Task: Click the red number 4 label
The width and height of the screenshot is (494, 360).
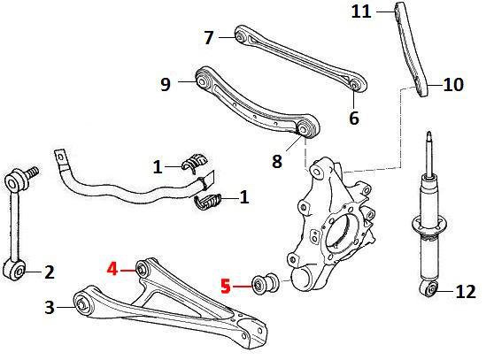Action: click(x=112, y=270)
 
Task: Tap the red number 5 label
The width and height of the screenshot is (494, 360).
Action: click(x=226, y=287)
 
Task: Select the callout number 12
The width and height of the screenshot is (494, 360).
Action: click(x=466, y=291)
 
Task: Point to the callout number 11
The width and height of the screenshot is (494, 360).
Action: click(x=361, y=11)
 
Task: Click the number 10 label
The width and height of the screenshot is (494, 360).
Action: click(x=453, y=84)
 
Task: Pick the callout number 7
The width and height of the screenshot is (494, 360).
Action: click(x=209, y=37)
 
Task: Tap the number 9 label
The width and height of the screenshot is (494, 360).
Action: click(x=166, y=84)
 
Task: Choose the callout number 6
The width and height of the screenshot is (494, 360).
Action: click(x=354, y=118)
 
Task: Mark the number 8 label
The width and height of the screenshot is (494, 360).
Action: click(x=277, y=161)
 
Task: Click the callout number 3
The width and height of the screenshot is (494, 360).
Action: click(x=50, y=307)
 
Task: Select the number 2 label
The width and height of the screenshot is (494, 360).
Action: click(x=50, y=272)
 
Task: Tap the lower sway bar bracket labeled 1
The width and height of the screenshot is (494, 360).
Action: click(x=208, y=202)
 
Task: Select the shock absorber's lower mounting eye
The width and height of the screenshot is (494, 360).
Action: click(x=429, y=288)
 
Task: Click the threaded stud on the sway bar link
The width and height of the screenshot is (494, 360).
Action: click(x=31, y=172)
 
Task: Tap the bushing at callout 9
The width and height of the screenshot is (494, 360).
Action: click(x=202, y=80)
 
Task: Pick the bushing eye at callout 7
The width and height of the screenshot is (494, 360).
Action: click(x=240, y=36)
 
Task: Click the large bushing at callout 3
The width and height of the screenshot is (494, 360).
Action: click(x=82, y=304)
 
